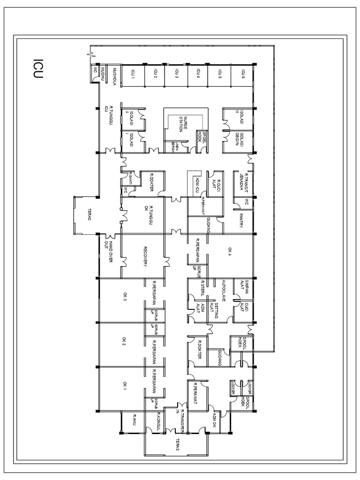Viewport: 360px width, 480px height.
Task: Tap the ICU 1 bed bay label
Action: coord(133,74)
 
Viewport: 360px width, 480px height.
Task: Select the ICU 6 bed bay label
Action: coord(243,74)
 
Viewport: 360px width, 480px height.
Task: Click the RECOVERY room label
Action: coord(146,257)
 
